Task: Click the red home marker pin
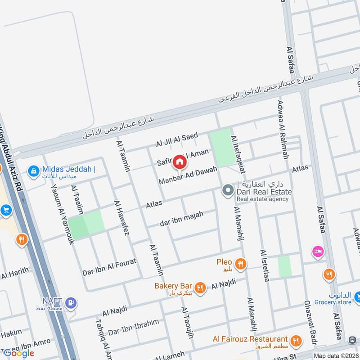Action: tap(179, 161)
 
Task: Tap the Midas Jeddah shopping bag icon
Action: tap(33, 171)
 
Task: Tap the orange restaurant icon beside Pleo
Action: tap(241, 263)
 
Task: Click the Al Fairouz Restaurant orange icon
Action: tap(296, 340)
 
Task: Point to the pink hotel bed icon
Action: tap(318, 252)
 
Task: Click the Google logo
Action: tap(19, 353)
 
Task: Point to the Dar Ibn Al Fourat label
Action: tap(109, 266)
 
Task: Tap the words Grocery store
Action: tap(333, 302)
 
